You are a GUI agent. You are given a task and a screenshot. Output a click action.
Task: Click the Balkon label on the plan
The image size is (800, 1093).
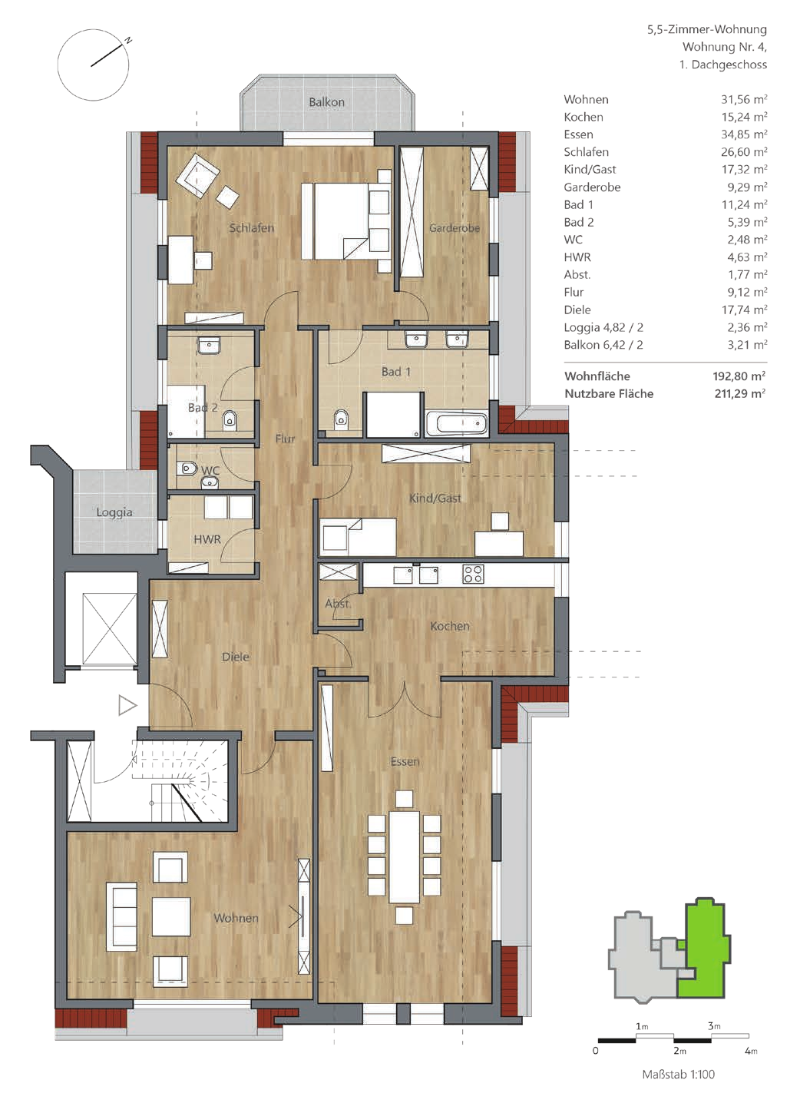[326, 102]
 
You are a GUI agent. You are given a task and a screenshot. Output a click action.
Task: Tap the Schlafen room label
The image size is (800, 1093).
[252, 228]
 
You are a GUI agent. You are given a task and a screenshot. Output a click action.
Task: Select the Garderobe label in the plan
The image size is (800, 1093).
[455, 228]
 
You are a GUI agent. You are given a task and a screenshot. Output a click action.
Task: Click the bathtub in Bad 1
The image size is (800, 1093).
[456, 423]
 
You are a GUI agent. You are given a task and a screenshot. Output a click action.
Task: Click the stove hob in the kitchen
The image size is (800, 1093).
[473, 574]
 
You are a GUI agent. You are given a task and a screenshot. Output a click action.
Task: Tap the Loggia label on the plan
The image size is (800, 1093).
[114, 513]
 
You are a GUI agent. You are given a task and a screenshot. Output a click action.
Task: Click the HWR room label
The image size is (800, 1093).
[207, 539]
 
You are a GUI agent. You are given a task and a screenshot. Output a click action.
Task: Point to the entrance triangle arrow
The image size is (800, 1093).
[127, 706]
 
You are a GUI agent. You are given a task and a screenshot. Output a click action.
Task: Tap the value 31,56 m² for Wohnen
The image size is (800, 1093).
[744, 100]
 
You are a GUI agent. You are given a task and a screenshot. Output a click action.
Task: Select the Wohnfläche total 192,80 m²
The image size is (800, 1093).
[739, 376]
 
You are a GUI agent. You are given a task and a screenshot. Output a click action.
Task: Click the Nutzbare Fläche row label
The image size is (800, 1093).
[609, 394]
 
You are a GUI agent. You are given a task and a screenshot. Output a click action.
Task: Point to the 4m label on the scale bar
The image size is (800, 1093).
[751, 1051]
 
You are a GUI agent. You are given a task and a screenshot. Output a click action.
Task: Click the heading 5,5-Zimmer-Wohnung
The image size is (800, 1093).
[707, 29]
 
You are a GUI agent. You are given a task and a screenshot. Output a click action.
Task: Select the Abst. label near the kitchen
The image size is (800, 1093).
[338, 604]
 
